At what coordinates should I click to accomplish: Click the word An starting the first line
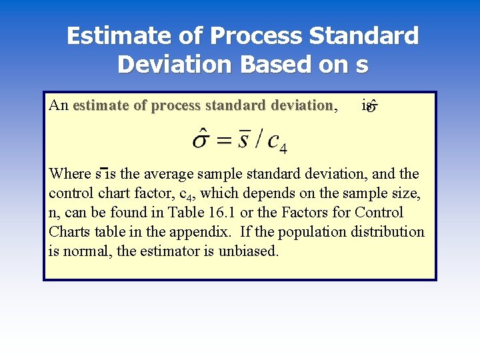tap(59, 105)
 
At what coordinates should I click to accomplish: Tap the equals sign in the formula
tap(225, 140)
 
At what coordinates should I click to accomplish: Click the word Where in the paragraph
tap(70, 174)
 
